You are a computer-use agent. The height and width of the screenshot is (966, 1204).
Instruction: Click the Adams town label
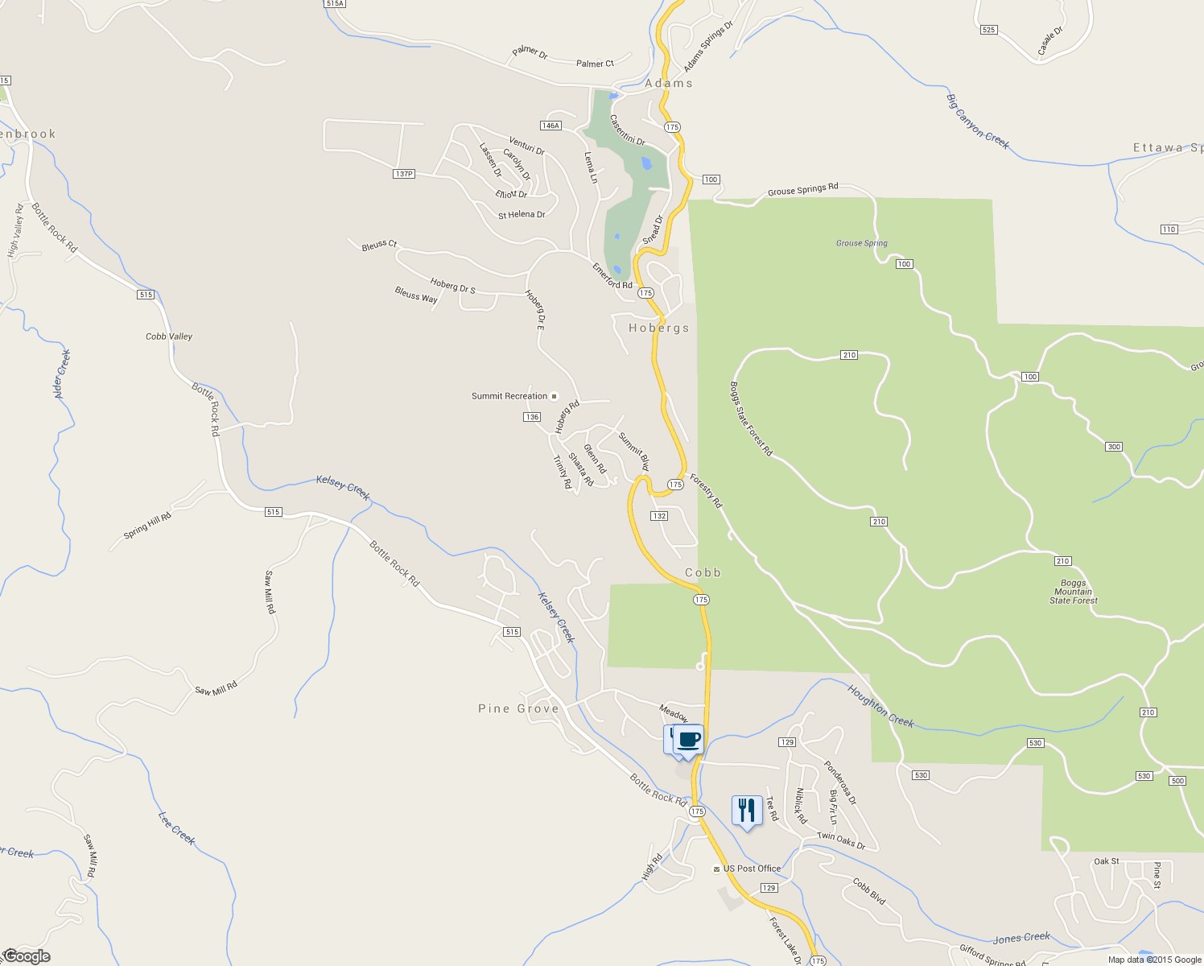(x=668, y=83)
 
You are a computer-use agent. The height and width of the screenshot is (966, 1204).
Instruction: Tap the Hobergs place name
(x=659, y=328)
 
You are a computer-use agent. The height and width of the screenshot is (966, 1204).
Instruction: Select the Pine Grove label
(x=518, y=708)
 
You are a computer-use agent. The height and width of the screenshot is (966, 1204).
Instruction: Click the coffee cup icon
(x=688, y=739)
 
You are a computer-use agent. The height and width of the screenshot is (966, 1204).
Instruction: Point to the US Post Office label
(x=752, y=869)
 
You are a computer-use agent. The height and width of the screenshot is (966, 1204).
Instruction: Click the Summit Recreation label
(x=509, y=396)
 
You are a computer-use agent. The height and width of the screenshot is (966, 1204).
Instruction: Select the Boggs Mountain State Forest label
(x=1073, y=592)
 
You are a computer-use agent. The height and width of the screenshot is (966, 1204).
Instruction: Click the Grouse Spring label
(x=861, y=243)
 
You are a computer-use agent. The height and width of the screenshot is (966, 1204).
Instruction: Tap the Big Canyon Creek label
(x=977, y=122)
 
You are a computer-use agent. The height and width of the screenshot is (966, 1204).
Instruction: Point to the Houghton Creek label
(x=880, y=706)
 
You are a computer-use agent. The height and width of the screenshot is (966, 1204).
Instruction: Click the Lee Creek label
(x=176, y=828)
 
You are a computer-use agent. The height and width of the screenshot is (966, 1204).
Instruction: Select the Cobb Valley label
(x=169, y=336)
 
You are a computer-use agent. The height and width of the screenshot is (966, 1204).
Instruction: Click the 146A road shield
(x=550, y=126)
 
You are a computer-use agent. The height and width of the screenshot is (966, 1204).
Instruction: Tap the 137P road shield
(x=404, y=174)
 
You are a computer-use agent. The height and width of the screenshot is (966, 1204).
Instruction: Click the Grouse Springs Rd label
(x=802, y=190)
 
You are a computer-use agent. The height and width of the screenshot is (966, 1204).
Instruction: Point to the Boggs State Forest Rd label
(x=751, y=419)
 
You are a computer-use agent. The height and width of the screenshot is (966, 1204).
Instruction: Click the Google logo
(x=27, y=956)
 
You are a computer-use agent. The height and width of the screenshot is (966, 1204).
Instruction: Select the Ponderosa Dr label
(x=840, y=782)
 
